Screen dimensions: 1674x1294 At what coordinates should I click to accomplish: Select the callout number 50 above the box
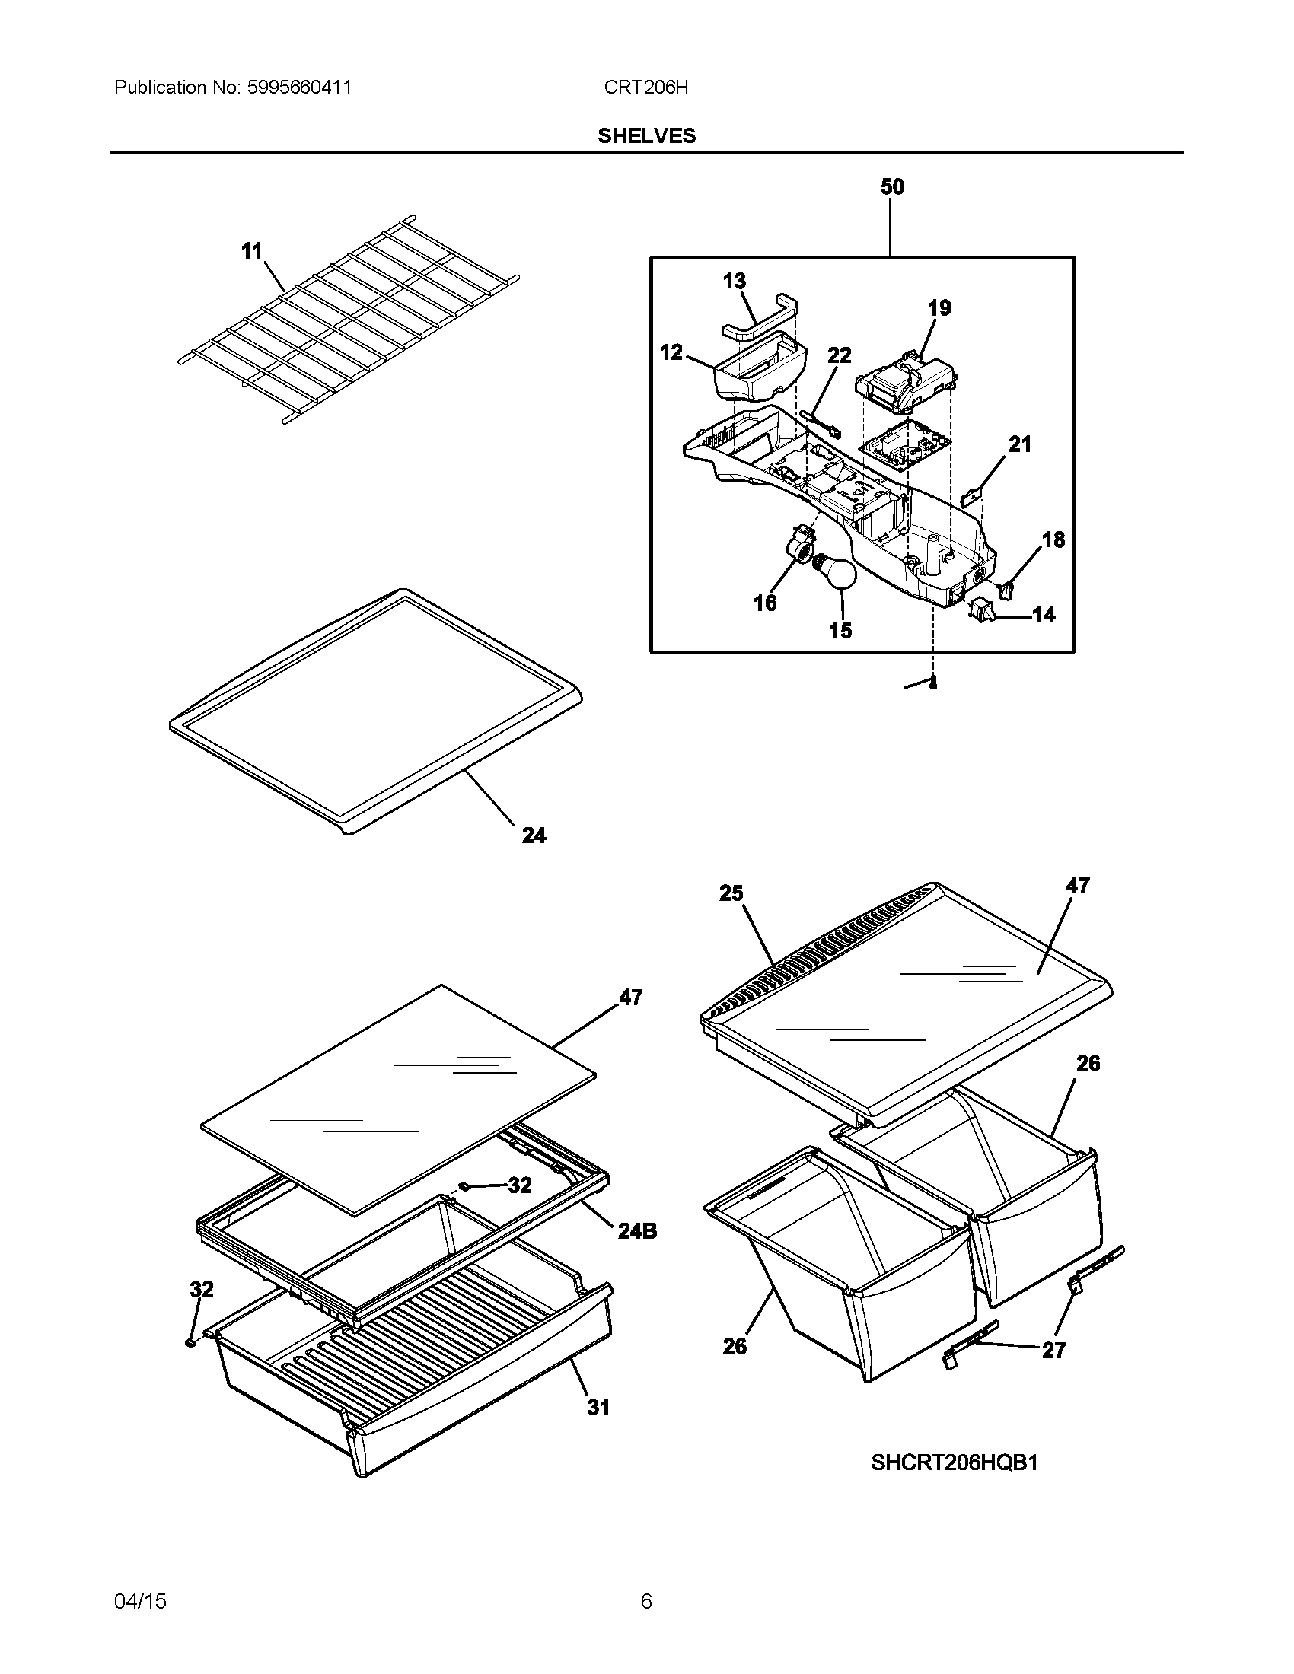891,187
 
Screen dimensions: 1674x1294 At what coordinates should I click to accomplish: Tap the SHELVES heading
646,136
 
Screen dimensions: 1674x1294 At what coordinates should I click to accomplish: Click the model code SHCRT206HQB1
954,1463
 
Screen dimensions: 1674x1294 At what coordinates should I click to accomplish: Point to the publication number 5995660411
299,88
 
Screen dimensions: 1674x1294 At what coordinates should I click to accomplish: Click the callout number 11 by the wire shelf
251,250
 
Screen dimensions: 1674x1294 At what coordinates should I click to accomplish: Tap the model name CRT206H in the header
645,88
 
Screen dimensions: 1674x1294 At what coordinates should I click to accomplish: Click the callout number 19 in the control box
939,308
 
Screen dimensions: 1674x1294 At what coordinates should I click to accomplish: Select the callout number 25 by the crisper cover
731,893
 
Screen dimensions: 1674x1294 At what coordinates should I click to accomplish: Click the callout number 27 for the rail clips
1053,1371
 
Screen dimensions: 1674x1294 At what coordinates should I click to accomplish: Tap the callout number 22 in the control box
840,355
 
